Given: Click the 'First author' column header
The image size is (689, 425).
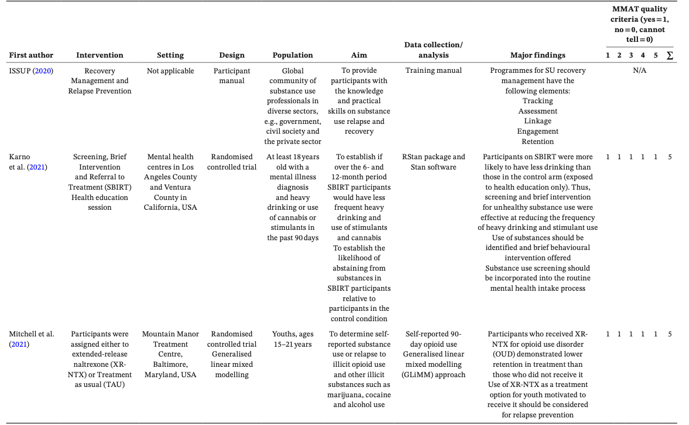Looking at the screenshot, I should coord(31,55).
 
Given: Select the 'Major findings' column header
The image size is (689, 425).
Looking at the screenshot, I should coord(537,55).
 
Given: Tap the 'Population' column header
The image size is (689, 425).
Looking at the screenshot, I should coord(292,55).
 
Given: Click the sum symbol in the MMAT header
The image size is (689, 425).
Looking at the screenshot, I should coord(669,55).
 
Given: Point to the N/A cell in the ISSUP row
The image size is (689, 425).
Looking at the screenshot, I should coord(639,71).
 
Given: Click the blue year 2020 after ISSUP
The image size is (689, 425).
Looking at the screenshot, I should coord(44,71).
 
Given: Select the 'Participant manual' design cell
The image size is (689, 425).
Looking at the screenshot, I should coord(231,76).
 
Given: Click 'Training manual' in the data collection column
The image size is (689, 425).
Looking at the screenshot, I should coord(433,71).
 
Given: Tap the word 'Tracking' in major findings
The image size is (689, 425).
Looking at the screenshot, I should coord(537,101).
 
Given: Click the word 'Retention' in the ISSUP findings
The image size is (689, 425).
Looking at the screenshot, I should coord(537,141).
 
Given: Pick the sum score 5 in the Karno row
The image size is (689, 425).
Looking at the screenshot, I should coord(669,157).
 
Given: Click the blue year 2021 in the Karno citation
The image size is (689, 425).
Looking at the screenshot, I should coord(37,167).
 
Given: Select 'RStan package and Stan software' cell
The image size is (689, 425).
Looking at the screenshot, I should coord(433,162).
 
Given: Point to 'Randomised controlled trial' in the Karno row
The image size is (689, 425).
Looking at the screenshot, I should coord(231,162).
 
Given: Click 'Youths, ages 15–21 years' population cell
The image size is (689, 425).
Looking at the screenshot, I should coord(292,339).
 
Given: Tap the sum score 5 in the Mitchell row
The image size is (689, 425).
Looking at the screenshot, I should coord(669,334).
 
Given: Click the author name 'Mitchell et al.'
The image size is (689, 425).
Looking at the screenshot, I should coord(31,334).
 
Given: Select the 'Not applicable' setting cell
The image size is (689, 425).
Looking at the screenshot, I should coord(170,71).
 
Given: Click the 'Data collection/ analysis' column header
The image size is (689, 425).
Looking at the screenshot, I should coord(433,49).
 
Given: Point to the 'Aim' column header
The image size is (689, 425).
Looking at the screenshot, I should coord(359,55).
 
